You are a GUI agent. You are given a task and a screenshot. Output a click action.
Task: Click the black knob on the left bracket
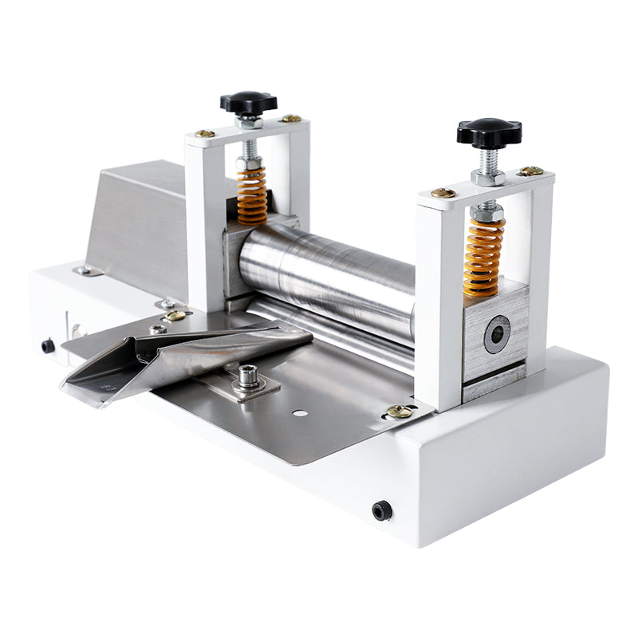tap(248, 102)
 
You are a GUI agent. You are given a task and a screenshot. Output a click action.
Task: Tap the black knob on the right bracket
tap(489, 132)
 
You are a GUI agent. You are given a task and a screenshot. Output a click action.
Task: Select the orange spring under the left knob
tap(252, 196)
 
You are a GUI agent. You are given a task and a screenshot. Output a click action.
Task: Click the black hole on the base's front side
tap(382, 510)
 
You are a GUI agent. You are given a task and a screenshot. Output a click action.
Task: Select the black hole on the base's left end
tap(48, 346)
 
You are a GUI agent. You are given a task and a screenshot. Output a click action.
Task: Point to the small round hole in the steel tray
tap(300, 412)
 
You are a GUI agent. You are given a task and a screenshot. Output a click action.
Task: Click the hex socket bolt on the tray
tap(248, 376)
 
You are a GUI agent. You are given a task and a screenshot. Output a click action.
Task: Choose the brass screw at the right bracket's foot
tap(399, 412)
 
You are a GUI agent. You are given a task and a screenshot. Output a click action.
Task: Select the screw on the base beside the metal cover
tap(85, 271)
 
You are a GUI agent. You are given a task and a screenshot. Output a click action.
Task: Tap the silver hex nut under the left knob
tap(249, 123)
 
